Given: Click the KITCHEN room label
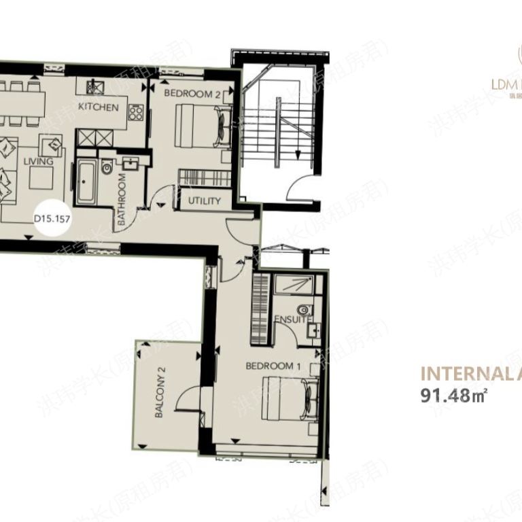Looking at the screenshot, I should [99, 107].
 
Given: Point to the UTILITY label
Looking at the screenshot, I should [205, 201].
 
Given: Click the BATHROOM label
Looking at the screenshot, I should [123, 201].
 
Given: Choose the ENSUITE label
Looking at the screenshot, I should [293, 319].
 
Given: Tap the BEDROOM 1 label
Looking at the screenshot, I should [273, 366].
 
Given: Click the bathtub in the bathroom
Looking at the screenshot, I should [87, 183].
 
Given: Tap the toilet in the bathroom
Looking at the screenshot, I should [106, 168].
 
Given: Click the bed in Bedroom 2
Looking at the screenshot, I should [201, 124].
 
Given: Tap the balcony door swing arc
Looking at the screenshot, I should [186, 400].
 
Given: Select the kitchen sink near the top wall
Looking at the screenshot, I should [95, 88].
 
